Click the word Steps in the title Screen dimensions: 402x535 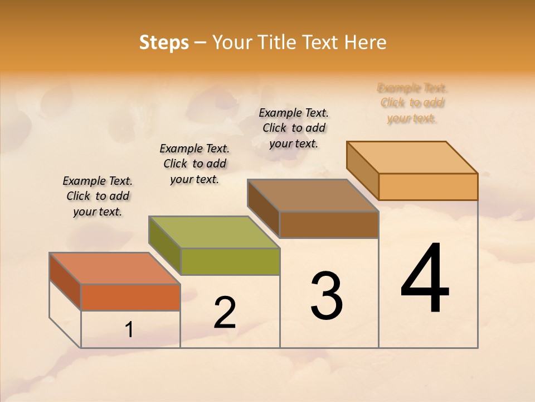(x=164, y=42)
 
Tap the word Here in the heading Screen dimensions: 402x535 (x=365, y=42)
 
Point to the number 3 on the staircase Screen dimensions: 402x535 (x=327, y=296)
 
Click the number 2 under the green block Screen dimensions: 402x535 (x=225, y=313)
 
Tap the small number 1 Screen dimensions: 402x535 (x=129, y=330)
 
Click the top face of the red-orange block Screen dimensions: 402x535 (x=114, y=268)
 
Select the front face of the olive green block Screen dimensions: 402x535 (x=230, y=261)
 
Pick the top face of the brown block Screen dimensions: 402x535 (x=312, y=195)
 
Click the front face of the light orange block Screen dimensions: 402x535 (x=428, y=186)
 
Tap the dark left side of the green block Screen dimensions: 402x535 (x=165, y=246)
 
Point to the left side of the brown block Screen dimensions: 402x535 (x=264, y=209)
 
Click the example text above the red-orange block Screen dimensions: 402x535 (x=98, y=197)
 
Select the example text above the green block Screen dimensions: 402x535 (x=194, y=164)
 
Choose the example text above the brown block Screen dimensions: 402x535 (x=294, y=128)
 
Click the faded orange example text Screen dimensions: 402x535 (x=412, y=103)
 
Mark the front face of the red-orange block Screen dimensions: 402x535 (x=130, y=297)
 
